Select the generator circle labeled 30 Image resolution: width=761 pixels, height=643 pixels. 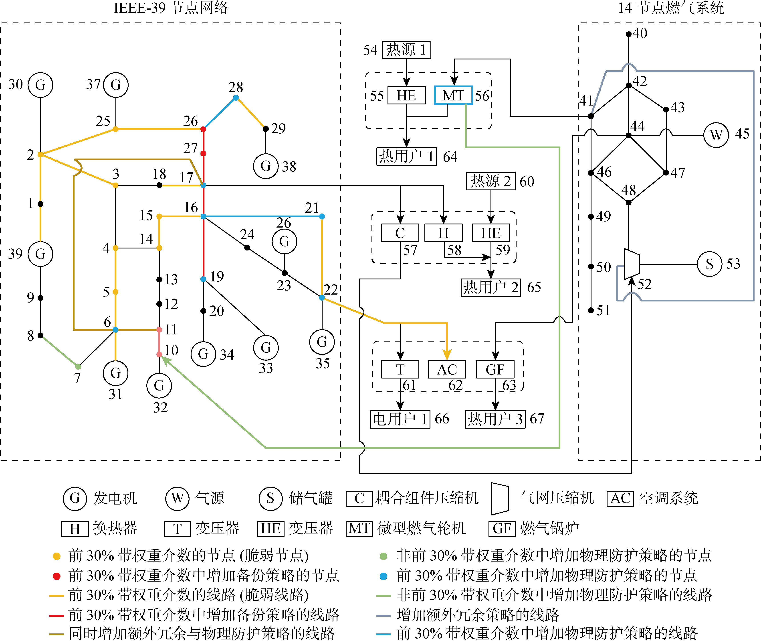click(x=40, y=85)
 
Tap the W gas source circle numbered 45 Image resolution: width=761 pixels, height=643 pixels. click(x=716, y=135)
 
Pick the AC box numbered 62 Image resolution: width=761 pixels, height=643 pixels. click(x=447, y=369)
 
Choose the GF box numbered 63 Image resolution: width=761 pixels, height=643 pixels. click(x=495, y=369)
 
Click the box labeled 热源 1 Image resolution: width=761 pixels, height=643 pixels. click(x=406, y=50)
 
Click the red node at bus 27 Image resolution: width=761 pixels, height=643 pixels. click(x=203, y=153)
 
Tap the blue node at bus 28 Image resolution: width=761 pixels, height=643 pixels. click(x=236, y=98)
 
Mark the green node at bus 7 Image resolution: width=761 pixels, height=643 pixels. click(x=78, y=366)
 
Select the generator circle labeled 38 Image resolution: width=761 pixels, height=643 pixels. click(x=266, y=166)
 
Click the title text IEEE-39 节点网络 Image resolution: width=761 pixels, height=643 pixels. click(x=171, y=8)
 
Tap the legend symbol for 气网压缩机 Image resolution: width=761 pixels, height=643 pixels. click(x=500, y=499)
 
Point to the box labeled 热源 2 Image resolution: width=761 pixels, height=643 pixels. click(x=491, y=181)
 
